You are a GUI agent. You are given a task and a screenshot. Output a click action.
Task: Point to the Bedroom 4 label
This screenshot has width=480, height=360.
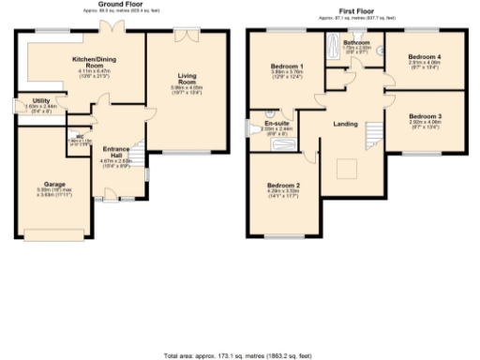pos(424,57)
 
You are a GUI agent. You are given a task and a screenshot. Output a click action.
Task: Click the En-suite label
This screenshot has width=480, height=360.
pos(277,123)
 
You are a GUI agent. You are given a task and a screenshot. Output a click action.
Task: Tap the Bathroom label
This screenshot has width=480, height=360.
pos(356,43)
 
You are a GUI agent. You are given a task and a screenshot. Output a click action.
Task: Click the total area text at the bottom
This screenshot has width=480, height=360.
pos(240,355)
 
